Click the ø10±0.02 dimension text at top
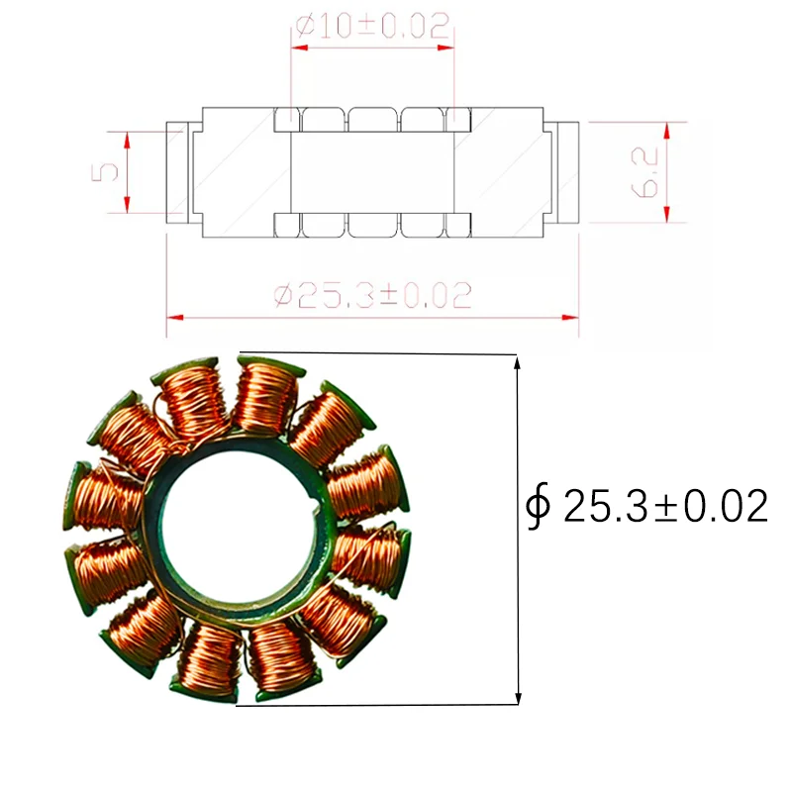372,25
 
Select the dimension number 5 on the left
108,171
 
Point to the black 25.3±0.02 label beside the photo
665,507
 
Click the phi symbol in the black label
539,507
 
